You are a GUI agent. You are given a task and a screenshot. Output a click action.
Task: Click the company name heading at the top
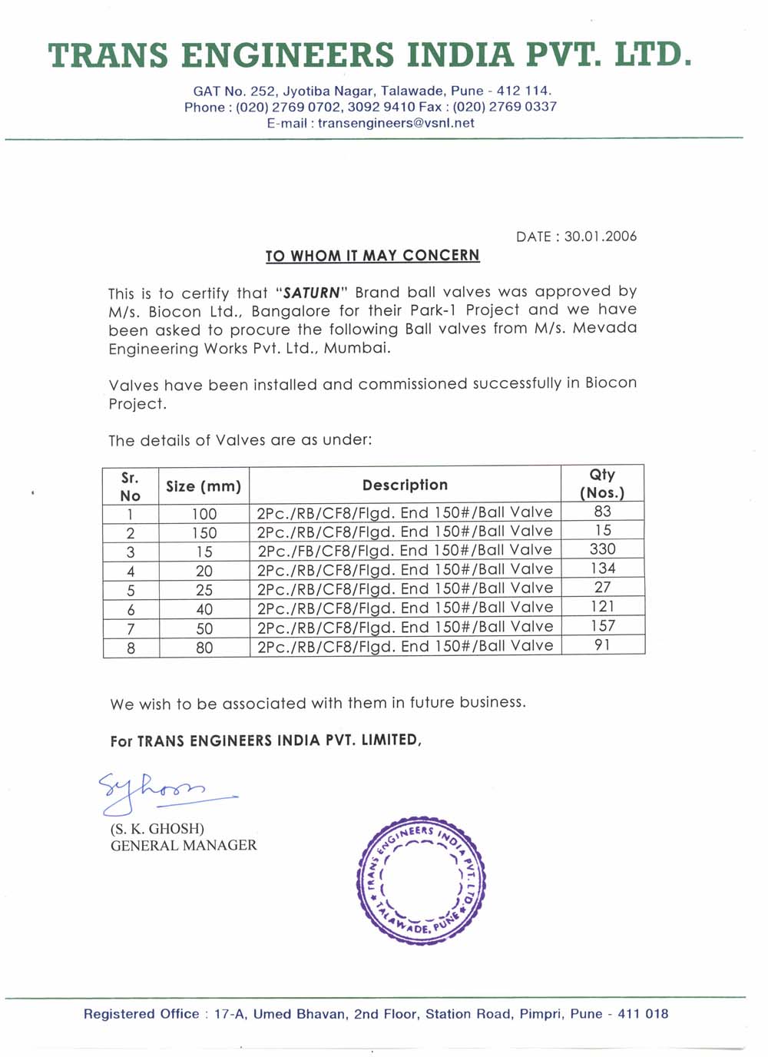pyautogui.click(x=369, y=55)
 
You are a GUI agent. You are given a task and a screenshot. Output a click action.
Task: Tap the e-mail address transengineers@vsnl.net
pyautogui.click(x=396, y=123)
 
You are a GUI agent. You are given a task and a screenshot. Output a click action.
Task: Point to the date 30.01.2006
pyautogui.click(x=600, y=237)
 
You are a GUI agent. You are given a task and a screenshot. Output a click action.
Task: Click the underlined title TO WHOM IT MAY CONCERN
pyautogui.click(x=372, y=256)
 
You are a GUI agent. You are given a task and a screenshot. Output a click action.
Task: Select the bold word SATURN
pyautogui.click(x=311, y=293)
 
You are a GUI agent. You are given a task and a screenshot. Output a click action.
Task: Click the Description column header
pyautogui.click(x=405, y=485)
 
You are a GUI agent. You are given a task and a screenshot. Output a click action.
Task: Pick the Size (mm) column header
pyautogui.click(x=204, y=486)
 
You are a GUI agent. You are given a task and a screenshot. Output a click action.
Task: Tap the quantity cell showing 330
pyautogui.click(x=603, y=549)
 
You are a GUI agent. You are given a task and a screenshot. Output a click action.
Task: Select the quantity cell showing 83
pyautogui.click(x=603, y=512)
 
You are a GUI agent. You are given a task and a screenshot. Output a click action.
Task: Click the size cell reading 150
pyautogui.click(x=204, y=533)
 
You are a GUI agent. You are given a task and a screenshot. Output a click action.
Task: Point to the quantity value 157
pyautogui.click(x=603, y=626)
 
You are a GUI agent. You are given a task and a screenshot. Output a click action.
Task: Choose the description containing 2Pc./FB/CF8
pyautogui.click(x=405, y=551)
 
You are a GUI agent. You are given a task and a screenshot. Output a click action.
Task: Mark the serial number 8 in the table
pyautogui.click(x=131, y=648)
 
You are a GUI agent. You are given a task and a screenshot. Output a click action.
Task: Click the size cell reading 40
pyautogui.click(x=204, y=609)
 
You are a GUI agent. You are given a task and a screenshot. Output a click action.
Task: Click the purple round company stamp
pyautogui.click(x=422, y=880)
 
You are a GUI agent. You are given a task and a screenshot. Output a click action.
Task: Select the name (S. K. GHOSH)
pyautogui.click(x=157, y=829)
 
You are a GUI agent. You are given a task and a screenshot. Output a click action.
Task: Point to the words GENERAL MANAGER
pyautogui.click(x=184, y=846)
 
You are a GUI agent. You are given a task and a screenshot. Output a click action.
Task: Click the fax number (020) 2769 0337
pyautogui.click(x=505, y=107)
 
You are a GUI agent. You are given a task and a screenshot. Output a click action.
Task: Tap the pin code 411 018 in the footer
pyautogui.click(x=643, y=1014)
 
